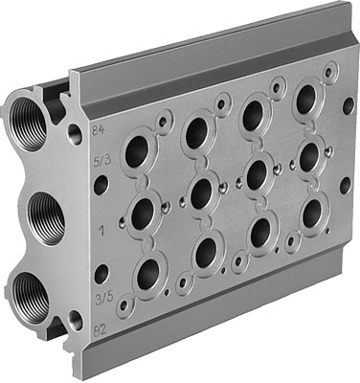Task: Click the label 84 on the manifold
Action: pyautogui.click(x=96, y=128)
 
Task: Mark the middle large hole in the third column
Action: pyautogui.click(x=257, y=173)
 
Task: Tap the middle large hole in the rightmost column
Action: pyautogui.click(x=308, y=155)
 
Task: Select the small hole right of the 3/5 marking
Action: pyautogui.click(x=101, y=275)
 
